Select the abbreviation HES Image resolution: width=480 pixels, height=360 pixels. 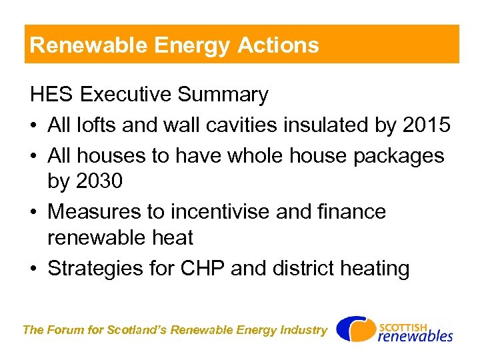pos(52,95)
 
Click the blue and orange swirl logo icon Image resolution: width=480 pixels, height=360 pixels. pos(355,329)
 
